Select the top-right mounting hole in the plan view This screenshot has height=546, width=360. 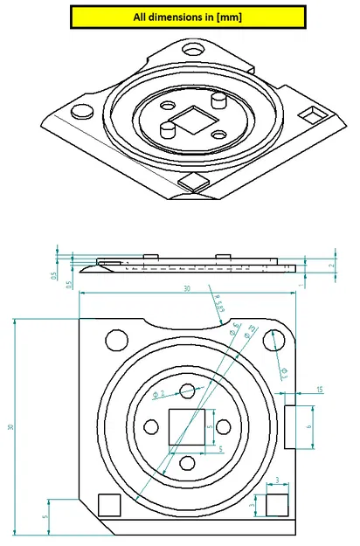[x=278, y=340]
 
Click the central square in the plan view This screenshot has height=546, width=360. [x=188, y=427]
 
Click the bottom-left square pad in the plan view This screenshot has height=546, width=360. [x=109, y=504]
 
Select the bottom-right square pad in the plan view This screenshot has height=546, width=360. [x=277, y=504]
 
